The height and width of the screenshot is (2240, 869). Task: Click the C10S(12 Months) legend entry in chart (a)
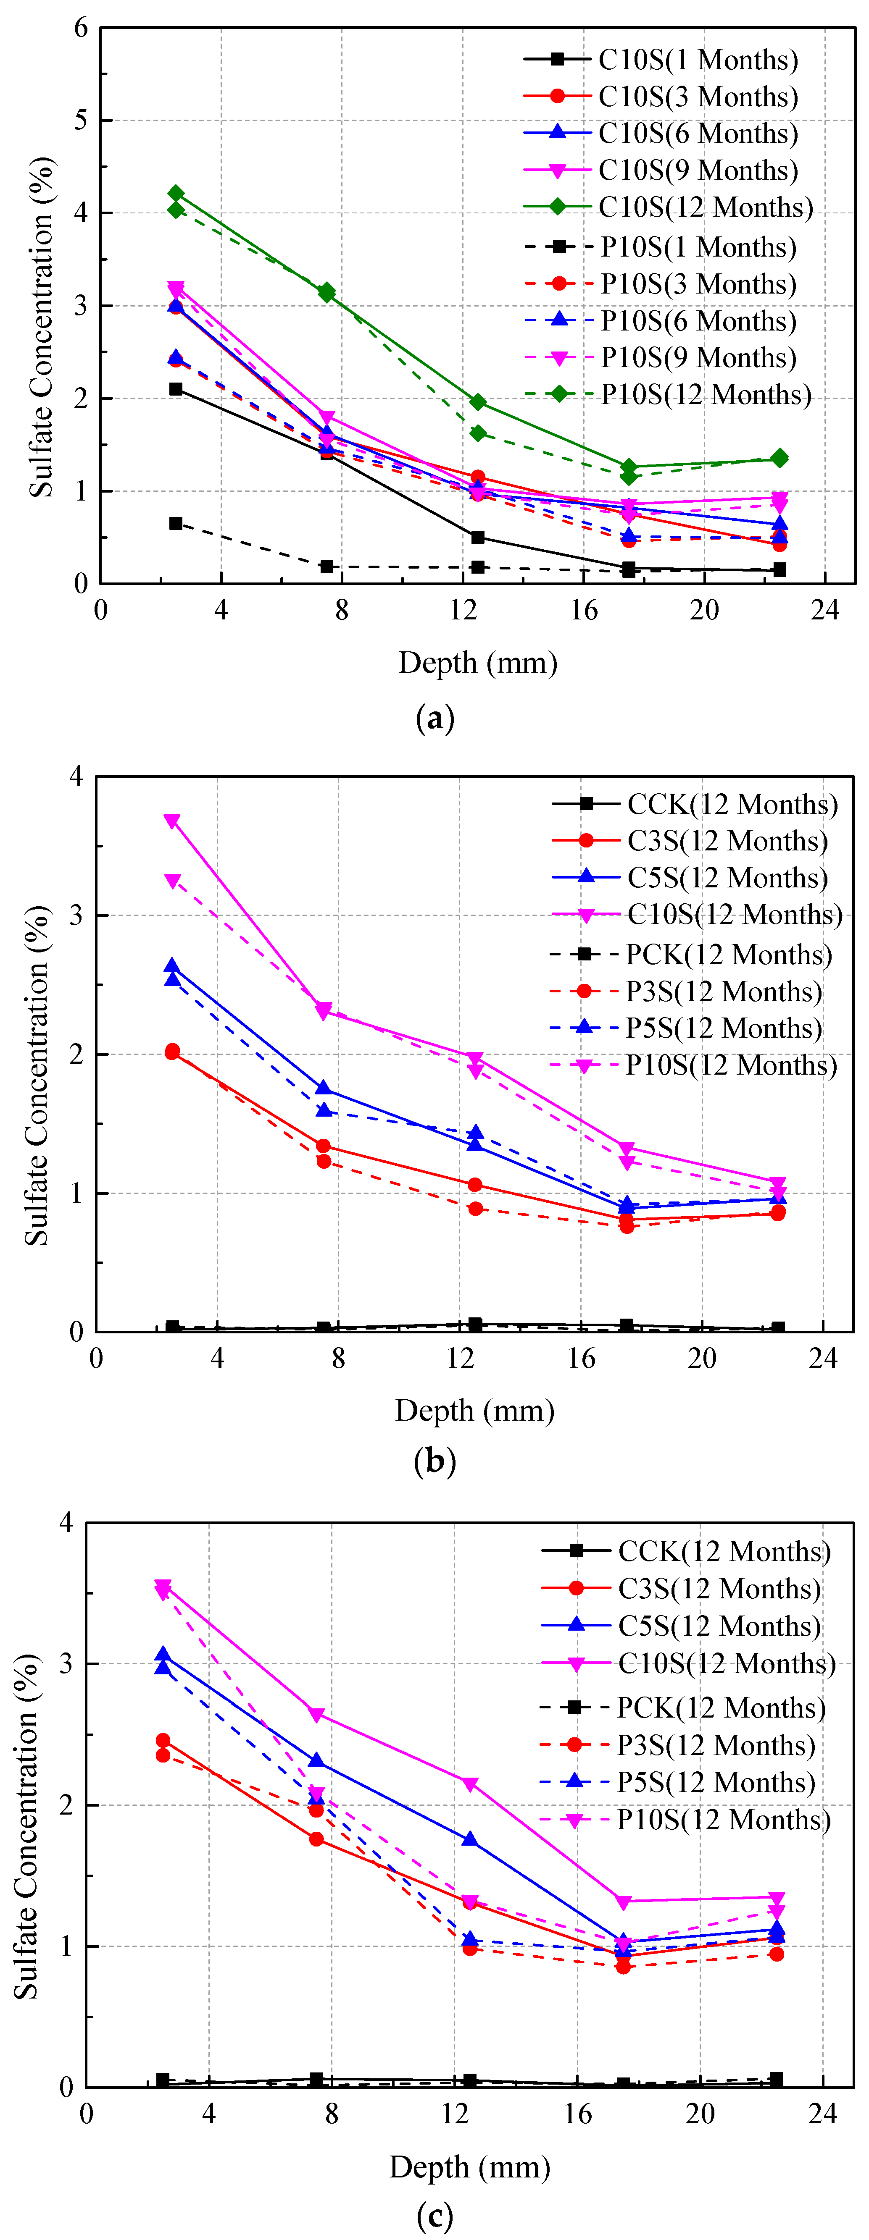click(x=668, y=207)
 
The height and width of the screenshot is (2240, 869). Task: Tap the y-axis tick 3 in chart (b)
click(x=76, y=915)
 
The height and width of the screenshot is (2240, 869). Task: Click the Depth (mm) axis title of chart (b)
click(x=475, y=1411)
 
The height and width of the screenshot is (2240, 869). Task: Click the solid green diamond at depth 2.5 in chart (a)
click(x=176, y=193)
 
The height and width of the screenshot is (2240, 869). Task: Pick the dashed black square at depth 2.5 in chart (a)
click(x=176, y=524)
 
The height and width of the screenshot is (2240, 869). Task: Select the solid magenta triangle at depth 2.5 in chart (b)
click(x=172, y=821)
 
